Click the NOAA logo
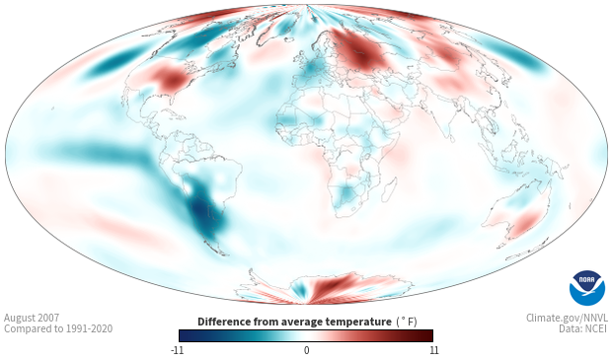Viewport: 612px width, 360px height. click(x=587, y=288)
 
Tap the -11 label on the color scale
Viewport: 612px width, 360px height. click(x=178, y=350)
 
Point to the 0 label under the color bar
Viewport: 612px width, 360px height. click(x=306, y=350)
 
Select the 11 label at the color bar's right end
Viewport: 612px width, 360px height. click(x=434, y=350)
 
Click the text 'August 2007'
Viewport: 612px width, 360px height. click(x=32, y=318)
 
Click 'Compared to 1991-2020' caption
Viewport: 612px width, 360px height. click(x=58, y=328)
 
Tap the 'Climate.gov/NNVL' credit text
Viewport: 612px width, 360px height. click(x=567, y=318)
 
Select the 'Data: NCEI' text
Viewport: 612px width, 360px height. click(x=583, y=328)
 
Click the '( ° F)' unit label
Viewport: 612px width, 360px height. click(x=407, y=323)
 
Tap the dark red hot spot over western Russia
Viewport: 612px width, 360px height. click(x=361, y=52)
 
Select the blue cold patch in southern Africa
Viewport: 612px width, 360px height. click(x=346, y=193)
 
